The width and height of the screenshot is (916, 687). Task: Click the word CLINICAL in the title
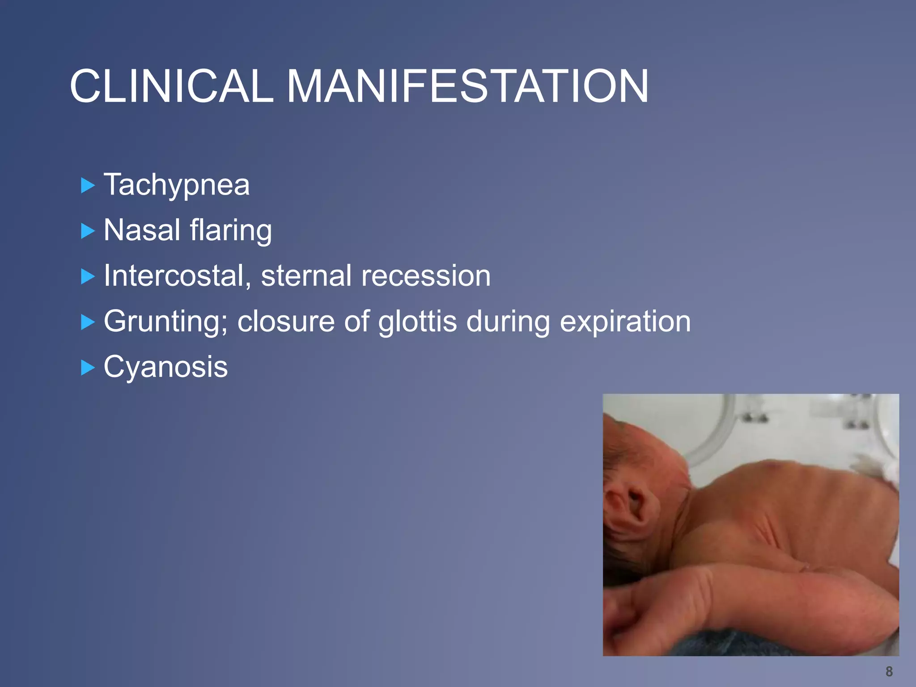point(171,86)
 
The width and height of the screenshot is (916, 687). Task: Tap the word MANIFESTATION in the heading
point(467,86)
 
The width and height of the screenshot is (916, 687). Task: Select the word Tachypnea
point(177,185)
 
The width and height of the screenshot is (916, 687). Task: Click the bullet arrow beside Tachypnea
point(88,185)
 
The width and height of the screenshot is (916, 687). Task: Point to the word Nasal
point(142,230)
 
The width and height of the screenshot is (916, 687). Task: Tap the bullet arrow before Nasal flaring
point(88,231)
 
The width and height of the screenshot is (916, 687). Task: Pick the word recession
point(426,276)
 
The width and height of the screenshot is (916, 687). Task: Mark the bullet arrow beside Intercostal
point(88,276)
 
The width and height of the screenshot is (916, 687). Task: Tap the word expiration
point(625,322)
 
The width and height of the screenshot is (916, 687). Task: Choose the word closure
point(286,322)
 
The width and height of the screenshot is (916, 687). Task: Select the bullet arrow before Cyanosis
point(88,368)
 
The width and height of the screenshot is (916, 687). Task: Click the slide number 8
point(889,671)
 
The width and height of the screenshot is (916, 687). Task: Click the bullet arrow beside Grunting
point(88,322)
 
